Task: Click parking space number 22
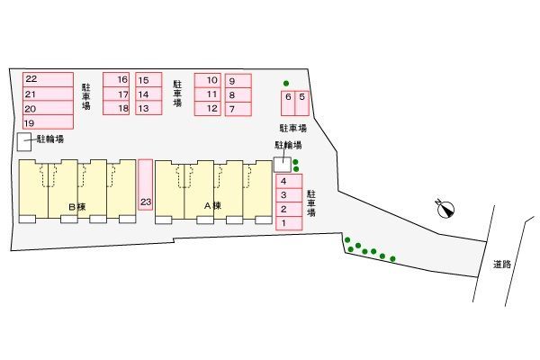coord(49,79)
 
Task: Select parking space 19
coord(49,122)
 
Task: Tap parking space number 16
coord(116,79)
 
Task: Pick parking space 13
coord(148,108)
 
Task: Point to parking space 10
coord(208,81)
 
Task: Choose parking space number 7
coord(238,109)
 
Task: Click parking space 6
coord(288,103)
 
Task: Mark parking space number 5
coord(302,103)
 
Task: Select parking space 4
coord(289,181)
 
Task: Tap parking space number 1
coord(289,223)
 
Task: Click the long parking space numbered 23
coord(146,184)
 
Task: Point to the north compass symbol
coord(445,209)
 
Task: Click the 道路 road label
coord(502,265)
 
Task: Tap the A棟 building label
coord(212,206)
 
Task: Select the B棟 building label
coord(77,207)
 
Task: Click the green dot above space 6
coord(286,84)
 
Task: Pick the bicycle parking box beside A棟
coord(283,165)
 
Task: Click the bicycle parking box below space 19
coord(24,142)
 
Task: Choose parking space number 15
coord(148,79)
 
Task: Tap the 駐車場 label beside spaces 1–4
coord(311,203)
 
